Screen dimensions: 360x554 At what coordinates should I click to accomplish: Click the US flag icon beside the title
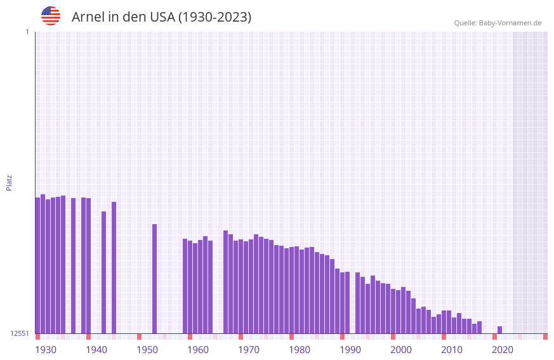(51, 16)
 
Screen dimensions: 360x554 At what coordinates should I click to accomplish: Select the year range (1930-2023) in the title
(214, 17)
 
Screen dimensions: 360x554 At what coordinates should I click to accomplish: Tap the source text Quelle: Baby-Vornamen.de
(498, 23)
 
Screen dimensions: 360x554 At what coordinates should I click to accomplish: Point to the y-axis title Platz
(9, 182)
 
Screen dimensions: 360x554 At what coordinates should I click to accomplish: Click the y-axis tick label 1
(27, 32)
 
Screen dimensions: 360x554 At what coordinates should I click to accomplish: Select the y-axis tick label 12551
(20, 333)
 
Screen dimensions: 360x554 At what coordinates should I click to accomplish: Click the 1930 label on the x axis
(46, 350)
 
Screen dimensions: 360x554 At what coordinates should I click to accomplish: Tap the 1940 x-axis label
(96, 350)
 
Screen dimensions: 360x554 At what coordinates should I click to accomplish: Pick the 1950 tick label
(147, 350)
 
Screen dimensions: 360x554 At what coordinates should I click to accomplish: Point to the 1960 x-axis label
(198, 350)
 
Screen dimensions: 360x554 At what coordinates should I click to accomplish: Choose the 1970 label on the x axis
(249, 350)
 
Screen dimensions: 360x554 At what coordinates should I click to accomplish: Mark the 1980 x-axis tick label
(300, 350)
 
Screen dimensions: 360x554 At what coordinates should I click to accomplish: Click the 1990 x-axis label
(350, 350)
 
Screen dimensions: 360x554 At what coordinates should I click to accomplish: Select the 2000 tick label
(401, 350)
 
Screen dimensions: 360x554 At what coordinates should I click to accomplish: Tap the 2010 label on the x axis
(452, 350)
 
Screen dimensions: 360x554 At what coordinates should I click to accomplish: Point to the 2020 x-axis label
(503, 350)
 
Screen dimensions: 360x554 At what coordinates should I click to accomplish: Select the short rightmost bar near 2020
(499, 330)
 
